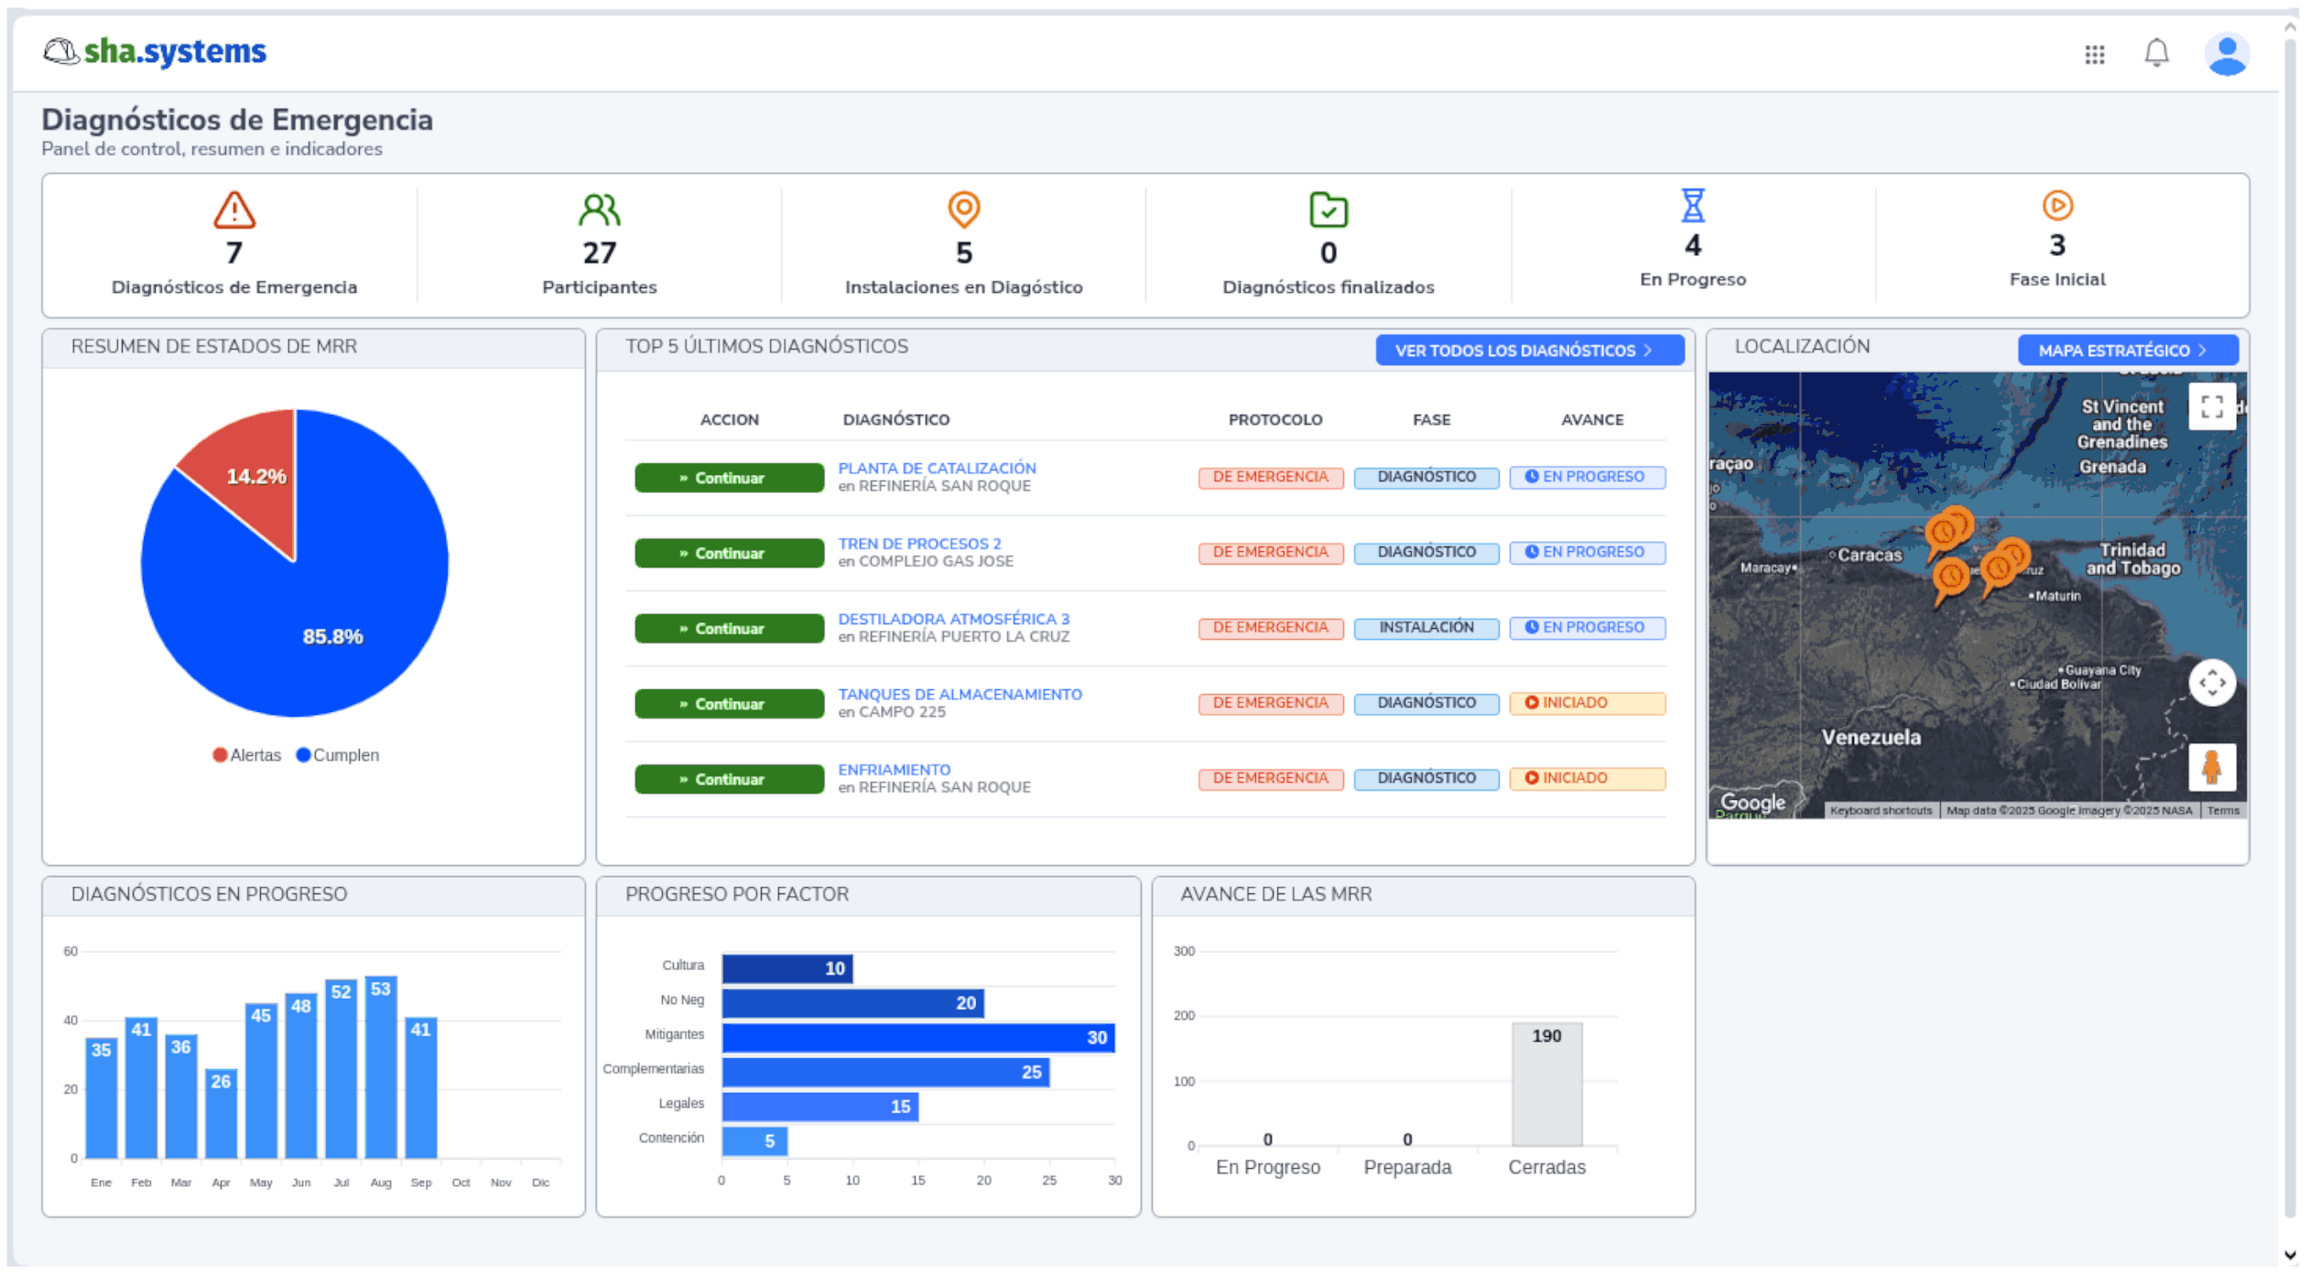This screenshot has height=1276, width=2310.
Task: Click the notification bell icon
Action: click(x=2155, y=53)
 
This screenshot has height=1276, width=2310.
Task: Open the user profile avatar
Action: click(x=2226, y=54)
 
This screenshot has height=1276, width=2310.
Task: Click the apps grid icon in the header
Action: click(x=2094, y=55)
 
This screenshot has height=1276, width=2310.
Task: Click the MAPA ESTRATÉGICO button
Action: click(x=2127, y=351)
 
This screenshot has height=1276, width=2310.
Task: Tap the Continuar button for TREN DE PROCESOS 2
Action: click(x=729, y=554)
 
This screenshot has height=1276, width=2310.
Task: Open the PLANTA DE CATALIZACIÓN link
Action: click(x=937, y=468)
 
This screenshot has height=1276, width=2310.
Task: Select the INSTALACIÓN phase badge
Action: click(x=1426, y=628)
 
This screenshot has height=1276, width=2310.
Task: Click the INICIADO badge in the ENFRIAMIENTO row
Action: click(x=1586, y=778)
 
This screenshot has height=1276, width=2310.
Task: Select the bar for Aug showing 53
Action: click(x=381, y=1067)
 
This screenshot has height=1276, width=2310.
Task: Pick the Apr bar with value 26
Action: click(x=221, y=1113)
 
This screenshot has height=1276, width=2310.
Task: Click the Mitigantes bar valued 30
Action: click(x=917, y=1037)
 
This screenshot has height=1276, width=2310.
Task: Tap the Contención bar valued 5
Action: click(x=754, y=1141)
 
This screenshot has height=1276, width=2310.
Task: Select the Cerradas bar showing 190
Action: click(x=1545, y=1085)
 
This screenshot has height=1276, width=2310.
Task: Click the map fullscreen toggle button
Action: click(x=2211, y=406)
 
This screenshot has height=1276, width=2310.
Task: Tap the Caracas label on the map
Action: click(x=1869, y=555)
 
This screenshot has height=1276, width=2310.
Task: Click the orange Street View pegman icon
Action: click(x=2211, y=767)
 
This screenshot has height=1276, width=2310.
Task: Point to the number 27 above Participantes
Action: click(x=599, y=253)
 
